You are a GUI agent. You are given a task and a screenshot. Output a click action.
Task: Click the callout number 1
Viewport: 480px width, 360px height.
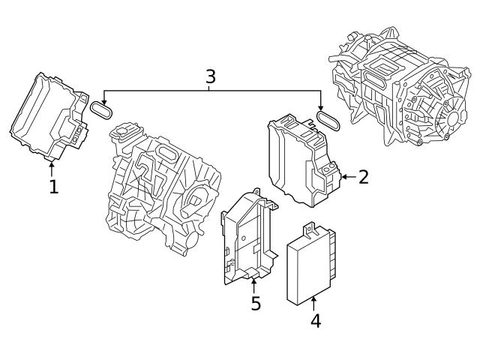pos(53,186)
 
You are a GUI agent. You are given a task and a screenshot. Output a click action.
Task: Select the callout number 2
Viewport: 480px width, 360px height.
pos(363,177)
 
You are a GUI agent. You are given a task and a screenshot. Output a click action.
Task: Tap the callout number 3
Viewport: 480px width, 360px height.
pos(211,76)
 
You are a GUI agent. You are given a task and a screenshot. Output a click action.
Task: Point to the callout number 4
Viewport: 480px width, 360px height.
pos(315,320)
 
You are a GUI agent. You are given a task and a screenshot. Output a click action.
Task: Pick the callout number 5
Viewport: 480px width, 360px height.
pos(255,304)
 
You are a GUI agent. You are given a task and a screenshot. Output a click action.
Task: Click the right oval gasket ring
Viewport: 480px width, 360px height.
pos(329,120)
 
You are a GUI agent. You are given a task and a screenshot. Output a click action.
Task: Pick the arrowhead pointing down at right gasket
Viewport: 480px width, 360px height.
pos(321,109)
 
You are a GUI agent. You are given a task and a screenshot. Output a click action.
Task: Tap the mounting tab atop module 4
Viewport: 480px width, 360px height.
pos(309,227)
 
